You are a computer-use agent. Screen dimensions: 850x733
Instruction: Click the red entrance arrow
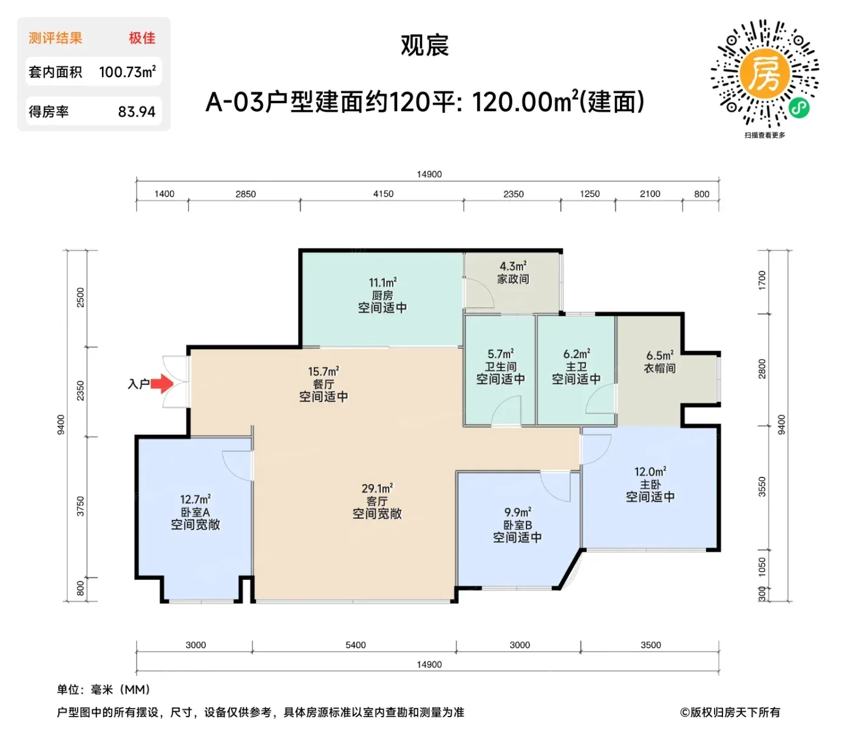click(x=161, y=383)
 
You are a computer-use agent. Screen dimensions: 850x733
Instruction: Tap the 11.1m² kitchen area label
click(x=382, y=283)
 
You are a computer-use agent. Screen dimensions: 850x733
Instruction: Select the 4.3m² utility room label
click(x=513, y=266)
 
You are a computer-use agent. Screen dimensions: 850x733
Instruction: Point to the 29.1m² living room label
click(x=377, y=488)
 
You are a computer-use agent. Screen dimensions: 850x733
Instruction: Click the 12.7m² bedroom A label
click(x=195, y=499)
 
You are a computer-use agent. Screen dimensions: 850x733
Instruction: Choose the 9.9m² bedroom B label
click(x=518, y=512)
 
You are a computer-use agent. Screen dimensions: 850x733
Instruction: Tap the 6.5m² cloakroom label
click(x=659, y=355)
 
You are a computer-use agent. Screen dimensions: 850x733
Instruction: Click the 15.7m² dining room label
click(x=323, y=372)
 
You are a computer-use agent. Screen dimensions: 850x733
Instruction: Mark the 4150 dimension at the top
click(x=383, y=194)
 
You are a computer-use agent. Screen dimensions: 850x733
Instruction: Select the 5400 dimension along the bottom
click(x=355, y=645)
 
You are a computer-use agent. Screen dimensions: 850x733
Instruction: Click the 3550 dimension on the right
click(x=762, y=487)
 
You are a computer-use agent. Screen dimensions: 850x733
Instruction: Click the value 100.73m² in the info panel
click(x=127, y=72)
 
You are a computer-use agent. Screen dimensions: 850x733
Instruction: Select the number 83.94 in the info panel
click(x=137, y=112)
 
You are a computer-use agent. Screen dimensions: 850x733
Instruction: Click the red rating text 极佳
click(x=142, y=38)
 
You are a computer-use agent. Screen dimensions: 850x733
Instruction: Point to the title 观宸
click(x=425, y=45)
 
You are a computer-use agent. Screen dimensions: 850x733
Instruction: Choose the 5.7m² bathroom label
click(x=500, y=354)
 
